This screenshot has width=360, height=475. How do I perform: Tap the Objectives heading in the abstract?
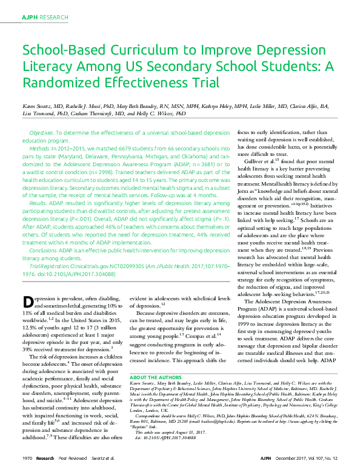(x=41, y=132)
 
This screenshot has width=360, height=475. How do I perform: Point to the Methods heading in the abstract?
(x=39, y=147)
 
